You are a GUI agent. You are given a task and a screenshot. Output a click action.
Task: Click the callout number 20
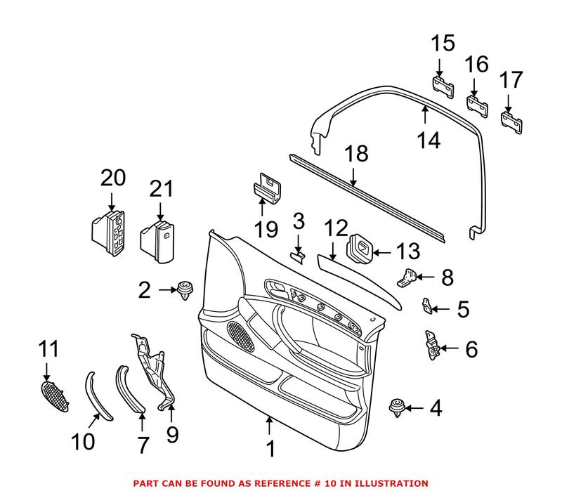[x=114, y=178]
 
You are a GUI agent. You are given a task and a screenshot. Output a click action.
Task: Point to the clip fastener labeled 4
[x=398, y=408]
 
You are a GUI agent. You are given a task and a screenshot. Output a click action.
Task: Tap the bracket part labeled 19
[x=266, y=187]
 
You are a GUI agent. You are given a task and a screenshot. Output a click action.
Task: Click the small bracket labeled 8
[x=408, y=278]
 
